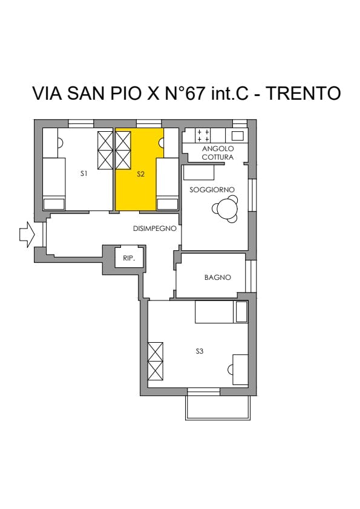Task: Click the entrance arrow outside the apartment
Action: pos(27,234)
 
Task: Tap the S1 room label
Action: pos(84,173)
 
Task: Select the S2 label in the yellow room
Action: pos(140,174)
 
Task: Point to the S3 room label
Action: pos(200,351)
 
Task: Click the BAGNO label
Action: pos(218,277)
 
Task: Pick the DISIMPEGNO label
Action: pos(155,229)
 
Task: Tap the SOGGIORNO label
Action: pos(212,190)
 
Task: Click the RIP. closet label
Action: pos(129,258)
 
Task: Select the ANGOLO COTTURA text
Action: pos(218,153)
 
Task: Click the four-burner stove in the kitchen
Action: pos(203,135)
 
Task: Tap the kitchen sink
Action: pos(237,135)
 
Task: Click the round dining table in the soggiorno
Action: pos(225,209)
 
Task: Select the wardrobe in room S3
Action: pos(155,361)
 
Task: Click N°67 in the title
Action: pos(186,93)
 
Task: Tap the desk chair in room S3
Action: pos(231,369)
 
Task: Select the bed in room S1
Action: pos(54,184)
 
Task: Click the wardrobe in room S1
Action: pos(105,150)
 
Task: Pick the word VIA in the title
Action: pos(47,93)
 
